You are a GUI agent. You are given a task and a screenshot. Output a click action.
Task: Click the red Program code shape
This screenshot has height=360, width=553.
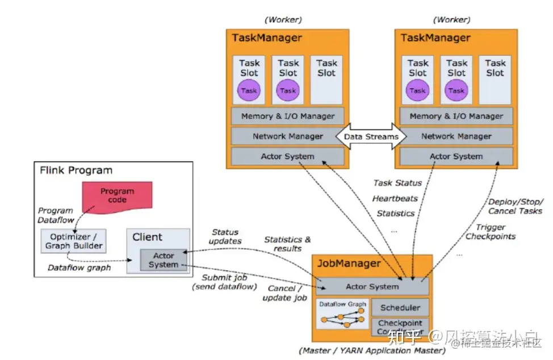pos(117,195)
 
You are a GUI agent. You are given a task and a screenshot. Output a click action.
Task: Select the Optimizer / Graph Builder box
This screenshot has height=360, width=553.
pos(73,240)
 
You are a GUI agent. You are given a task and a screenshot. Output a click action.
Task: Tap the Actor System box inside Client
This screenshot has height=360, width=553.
pos(164,260)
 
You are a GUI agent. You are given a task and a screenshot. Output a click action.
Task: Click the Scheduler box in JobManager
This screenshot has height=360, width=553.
pos(400,308)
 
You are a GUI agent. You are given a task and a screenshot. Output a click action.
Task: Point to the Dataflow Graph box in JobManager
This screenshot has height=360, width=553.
pos(342,315)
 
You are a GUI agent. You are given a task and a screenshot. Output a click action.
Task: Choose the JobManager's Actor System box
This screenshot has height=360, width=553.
pos(372,287)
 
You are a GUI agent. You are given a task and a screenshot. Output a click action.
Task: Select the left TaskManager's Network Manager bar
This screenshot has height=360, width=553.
pos(288,136)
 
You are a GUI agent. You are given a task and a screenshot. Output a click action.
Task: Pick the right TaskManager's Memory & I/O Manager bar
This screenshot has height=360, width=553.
pos(456,116)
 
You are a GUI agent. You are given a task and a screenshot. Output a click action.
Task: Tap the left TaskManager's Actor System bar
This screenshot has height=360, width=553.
pos(288,156)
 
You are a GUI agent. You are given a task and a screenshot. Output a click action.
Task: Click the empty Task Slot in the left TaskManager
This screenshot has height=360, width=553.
pos(326,79)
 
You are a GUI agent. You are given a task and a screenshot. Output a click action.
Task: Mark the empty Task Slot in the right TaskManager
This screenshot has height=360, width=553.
pos(495,79)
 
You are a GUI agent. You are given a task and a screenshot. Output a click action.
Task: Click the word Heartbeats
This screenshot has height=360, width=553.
pos(395,198)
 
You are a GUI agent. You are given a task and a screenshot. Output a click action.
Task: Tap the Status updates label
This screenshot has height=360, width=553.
pos(225,236)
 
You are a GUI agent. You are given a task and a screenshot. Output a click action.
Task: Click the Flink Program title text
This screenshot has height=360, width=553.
pos(76,170)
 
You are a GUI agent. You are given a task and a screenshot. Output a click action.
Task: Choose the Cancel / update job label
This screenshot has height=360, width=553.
pos(284,294)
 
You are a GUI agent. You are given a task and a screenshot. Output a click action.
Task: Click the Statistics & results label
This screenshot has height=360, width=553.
pos(287,244)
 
